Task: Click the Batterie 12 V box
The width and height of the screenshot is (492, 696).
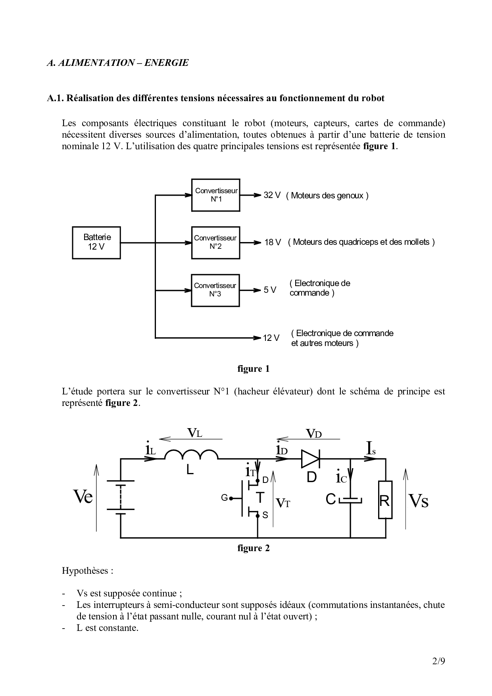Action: (x=96, y=242)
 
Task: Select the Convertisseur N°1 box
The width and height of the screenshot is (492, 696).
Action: (x=215, y=195)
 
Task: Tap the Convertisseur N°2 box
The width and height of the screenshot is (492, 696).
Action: (x=215, y=242)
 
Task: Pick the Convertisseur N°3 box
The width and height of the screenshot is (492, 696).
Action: (x=215, y=290)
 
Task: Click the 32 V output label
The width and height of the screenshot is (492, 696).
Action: (x=272, y=195)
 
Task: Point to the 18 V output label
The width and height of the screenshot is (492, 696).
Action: (x=273, y=242)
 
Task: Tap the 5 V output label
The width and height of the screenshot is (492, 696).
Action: (x=270, y=290)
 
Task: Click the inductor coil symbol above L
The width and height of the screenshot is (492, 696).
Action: (x=191, y=455)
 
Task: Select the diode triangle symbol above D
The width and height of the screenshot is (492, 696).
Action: (x=310, y=459)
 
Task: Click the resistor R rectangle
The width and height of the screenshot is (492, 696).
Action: (x=385, y=500)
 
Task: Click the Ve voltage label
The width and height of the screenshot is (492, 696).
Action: (x=83, y=496)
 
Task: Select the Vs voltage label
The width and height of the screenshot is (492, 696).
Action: (x=418, y=501)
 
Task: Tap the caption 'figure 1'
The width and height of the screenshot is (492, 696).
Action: (x=253, y=369)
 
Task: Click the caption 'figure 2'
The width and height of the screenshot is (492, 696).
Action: (x=253, y=548)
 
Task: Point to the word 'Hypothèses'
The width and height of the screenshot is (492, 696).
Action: (x=86, y=571)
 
